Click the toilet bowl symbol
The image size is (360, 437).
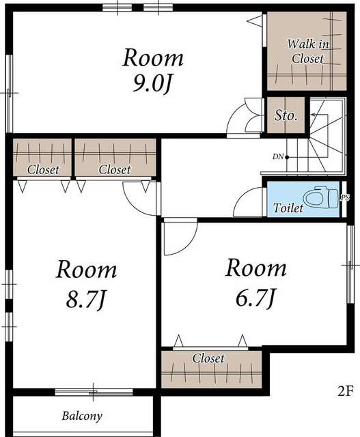(320, 198)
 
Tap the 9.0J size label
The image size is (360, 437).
(151, 83)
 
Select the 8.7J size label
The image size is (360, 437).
(85, 300)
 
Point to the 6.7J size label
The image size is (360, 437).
(255, 298)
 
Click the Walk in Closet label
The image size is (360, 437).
(308, 51)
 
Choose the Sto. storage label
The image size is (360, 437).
(286, 115)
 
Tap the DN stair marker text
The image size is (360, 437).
(278, 157)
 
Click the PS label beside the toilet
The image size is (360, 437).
(345, 197)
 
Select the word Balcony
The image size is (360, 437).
(82, 416)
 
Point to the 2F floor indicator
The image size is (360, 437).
(346, 391)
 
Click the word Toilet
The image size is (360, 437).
(288, 208)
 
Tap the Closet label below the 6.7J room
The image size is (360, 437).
(208, 358)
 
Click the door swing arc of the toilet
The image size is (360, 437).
(242, 196)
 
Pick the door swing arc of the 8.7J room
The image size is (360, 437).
(134, 206)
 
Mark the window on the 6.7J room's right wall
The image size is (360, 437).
(350, 264)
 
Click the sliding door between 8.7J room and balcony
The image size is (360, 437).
(94, 392)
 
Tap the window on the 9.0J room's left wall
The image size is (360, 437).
(10, 94)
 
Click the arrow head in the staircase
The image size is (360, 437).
(314, 115)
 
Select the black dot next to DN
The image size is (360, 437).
(287, 157)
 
